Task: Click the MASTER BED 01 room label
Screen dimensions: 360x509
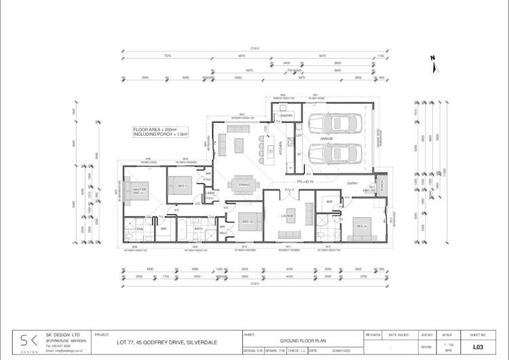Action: (140, 191)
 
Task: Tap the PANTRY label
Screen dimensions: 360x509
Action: (285, 116)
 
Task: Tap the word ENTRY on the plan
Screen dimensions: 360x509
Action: (352, 183)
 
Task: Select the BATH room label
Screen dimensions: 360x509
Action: (199, 229)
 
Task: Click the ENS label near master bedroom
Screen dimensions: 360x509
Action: (140, 229)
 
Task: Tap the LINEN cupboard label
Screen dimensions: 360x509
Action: (211, 194)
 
